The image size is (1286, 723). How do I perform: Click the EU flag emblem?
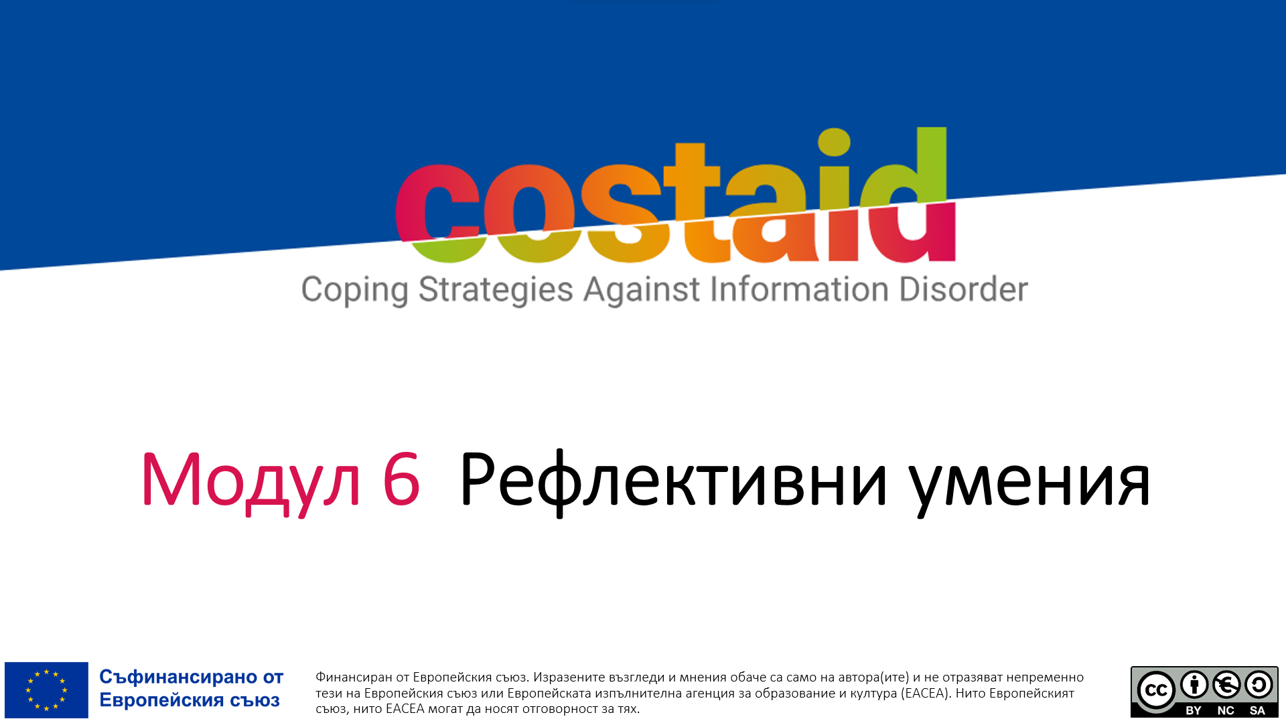pyautogui.click(x=46, y=690)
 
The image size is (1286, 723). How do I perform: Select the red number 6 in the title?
pyautogui.click(x=401, y=479)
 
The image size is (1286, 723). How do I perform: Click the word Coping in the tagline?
pyautogui.click(x=354, y=291)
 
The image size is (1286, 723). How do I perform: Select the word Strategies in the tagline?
pyautogui.click(x=496, y=291)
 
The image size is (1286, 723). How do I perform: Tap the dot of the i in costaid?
pyautogui.click(x=834, y=141)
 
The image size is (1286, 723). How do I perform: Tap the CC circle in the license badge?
pyautogui.click(x=1156, y=690)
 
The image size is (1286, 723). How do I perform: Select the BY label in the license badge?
pyautogui.click(x=1193, y=711)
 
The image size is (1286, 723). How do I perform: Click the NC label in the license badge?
pyautogui.click(x=1226, y=711)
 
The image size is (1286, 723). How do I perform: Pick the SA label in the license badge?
pyautogui.click(x=1257, y=711)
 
